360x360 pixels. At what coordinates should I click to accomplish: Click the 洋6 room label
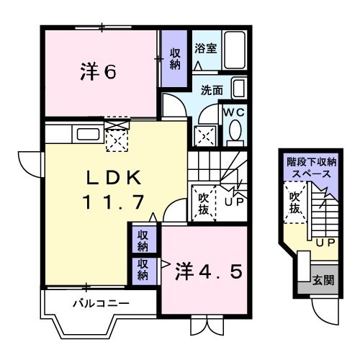tap(97, 73)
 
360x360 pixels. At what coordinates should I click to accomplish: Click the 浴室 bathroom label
tap(205, 49)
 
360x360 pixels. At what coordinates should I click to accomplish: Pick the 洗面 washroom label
tap(211, 91)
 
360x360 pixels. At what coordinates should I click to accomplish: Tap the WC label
tap(234, 113)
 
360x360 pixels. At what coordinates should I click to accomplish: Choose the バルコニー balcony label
tap(102, 303)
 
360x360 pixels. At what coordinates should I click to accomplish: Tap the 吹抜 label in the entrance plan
tap(294, 203)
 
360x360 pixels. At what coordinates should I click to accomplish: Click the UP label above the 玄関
tap(323, 243)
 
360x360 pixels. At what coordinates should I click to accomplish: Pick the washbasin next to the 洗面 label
tap(239, 90)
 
